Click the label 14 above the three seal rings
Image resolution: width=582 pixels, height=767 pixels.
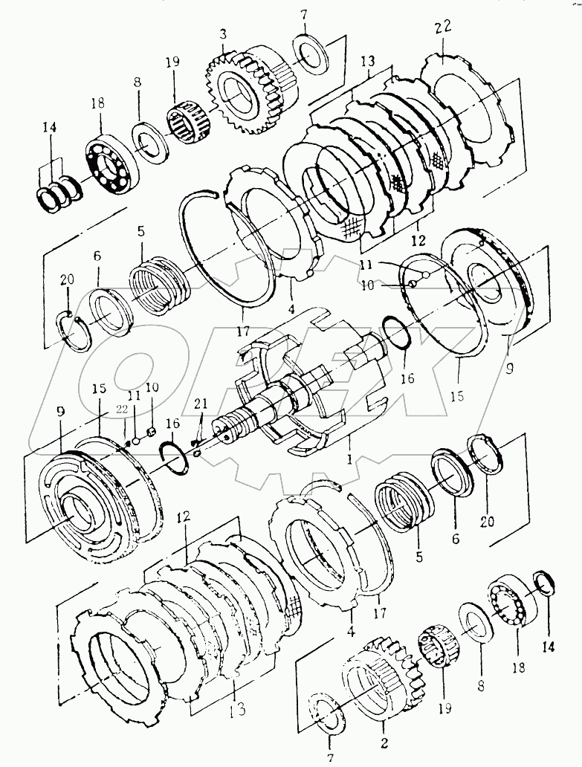tap(49, 128)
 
